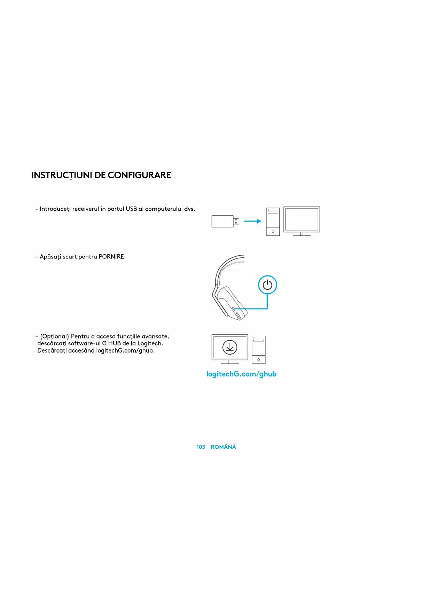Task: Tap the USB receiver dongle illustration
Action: click(225, 221)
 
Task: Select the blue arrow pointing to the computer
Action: click(252, 221)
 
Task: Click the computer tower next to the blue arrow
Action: click(273, 222)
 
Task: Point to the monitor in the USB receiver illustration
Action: click(301, 220)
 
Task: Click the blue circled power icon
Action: click(267, 285)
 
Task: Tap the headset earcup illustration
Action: click(231, 301)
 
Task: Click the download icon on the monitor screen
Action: click(230, 347)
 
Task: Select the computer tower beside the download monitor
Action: click(259, 349)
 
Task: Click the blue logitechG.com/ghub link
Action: click(241, 374)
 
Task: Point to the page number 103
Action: click(201, 447)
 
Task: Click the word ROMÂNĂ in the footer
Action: click(223, 447)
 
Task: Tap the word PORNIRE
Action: click(111, 257)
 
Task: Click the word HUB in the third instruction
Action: click(115, 343)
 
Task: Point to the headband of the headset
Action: click(223, 266)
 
